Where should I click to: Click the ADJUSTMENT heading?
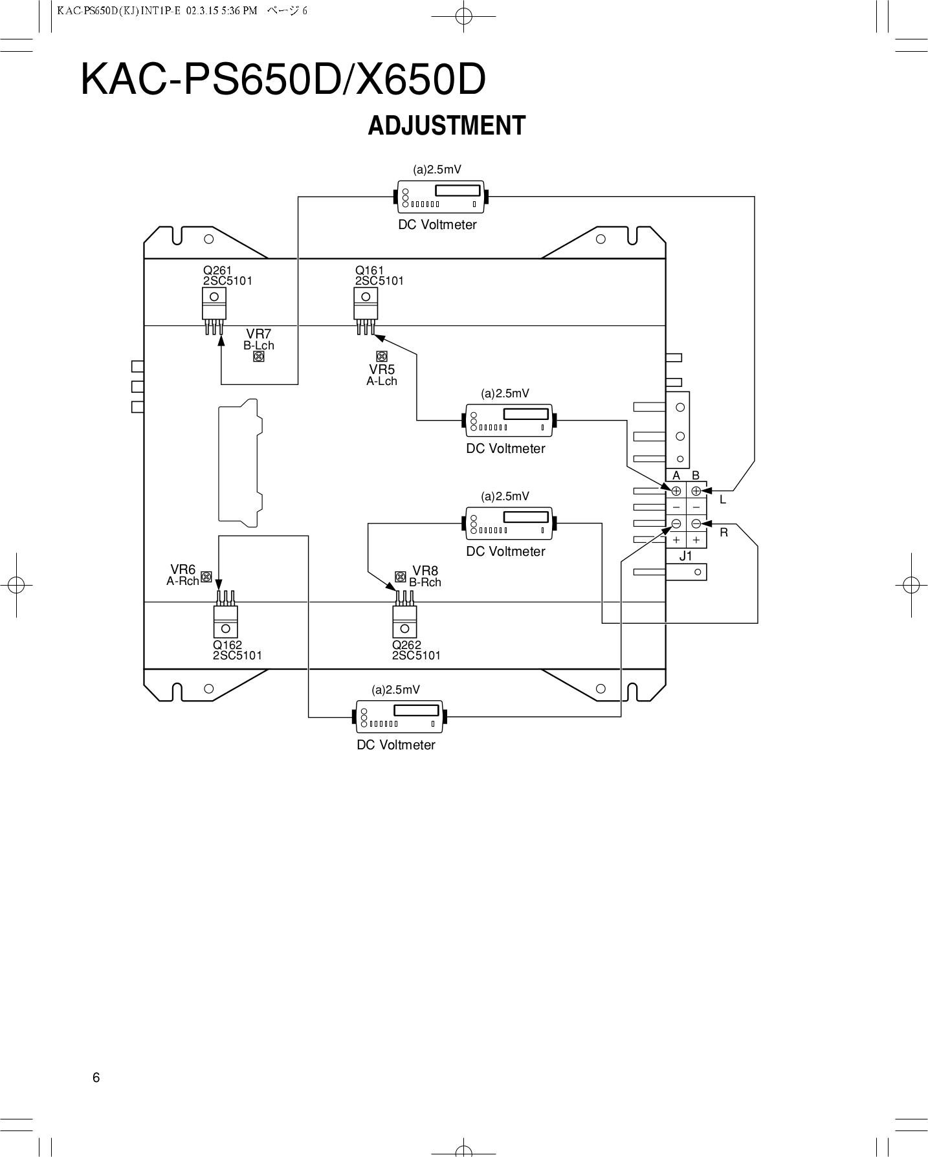point(447,126)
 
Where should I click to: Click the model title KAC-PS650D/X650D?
point(283,81)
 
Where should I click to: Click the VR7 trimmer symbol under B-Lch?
point(259,357)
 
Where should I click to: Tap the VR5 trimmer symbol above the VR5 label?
point(382,356)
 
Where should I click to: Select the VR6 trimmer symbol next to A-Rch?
point(206,577)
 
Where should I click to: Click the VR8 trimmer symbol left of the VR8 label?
point(401,577)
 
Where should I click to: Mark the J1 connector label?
point(686,556)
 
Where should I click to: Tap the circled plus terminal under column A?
point(676,491)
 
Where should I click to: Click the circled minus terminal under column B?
point(696,523)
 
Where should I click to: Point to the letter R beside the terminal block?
point(724,533)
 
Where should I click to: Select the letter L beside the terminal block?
point(723,500)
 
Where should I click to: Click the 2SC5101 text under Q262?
point(416,656)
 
